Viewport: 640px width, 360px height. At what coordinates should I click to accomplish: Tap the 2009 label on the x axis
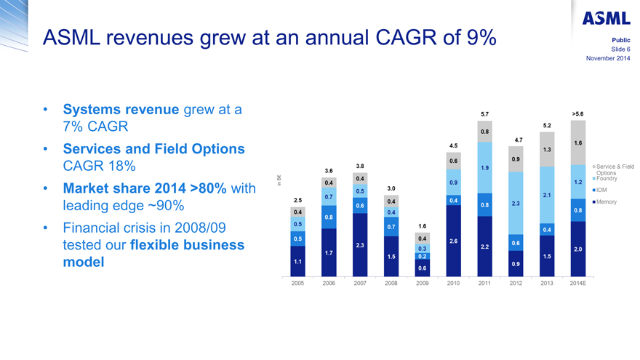point(422,284)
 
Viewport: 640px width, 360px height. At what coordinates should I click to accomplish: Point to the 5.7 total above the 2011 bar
point(484,114)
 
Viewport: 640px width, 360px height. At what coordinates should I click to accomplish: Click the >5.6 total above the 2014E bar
point(578,114)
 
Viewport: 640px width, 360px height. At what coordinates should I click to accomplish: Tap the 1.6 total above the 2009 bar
point(422,226)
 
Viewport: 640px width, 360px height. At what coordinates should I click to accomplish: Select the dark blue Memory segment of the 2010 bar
point(453,241)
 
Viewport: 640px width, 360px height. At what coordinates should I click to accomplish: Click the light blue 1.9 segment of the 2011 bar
point(484,168)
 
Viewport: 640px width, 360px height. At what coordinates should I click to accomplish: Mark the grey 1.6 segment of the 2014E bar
point(578,143)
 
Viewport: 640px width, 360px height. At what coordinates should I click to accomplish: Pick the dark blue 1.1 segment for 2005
point(297,261)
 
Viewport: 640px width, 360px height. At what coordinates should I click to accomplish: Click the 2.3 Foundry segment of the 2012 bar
point(516,203)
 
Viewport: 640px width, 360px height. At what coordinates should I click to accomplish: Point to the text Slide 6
point(619,49)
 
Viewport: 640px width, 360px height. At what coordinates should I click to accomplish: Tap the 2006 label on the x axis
point(328,284)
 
